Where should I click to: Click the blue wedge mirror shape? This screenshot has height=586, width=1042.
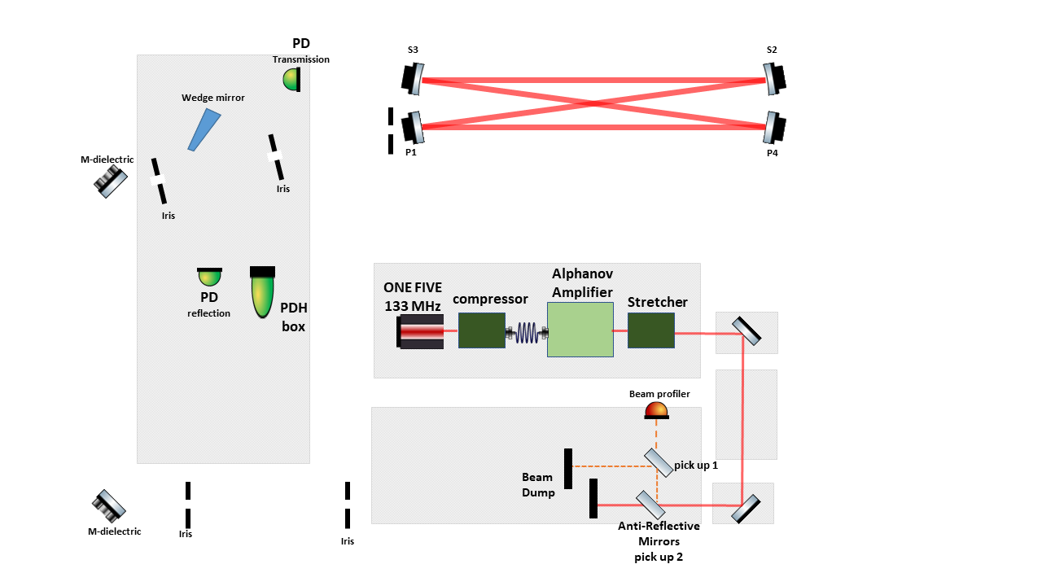[204, 130]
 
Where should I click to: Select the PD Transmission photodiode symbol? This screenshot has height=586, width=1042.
[292, 79]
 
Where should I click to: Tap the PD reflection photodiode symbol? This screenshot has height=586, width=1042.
[209, 277]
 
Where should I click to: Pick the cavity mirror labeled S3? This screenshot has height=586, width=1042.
[414, 78]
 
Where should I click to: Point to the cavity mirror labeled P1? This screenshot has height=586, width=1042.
[414, 125]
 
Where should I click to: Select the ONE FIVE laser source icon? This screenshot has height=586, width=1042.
[421, 333]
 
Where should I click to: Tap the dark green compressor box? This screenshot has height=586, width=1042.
[481, 330]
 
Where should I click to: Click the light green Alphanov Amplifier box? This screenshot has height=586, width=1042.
[580, 329]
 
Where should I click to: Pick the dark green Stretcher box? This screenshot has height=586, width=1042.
[650, 330]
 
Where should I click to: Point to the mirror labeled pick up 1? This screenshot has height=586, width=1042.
[658, 461]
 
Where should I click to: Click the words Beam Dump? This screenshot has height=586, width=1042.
[538, 484]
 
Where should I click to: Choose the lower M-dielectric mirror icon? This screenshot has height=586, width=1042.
[109, 505]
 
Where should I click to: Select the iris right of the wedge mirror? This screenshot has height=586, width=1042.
[277, 156]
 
